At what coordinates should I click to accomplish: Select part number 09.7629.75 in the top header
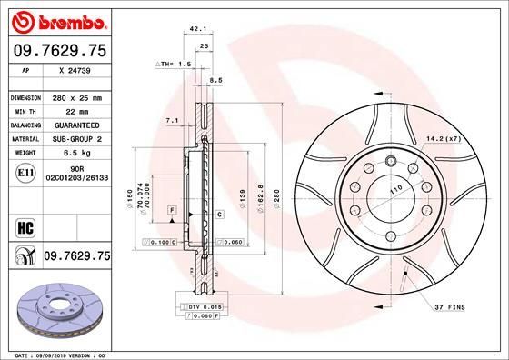pos(58,51)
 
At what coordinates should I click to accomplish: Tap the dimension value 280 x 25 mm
pos(77,96)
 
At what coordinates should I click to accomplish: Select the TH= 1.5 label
pos(174,65)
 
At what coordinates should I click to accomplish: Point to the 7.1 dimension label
pos(171,120)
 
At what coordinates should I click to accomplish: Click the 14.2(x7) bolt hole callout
pos(441,139)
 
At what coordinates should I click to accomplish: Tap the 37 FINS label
pos(451,308)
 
